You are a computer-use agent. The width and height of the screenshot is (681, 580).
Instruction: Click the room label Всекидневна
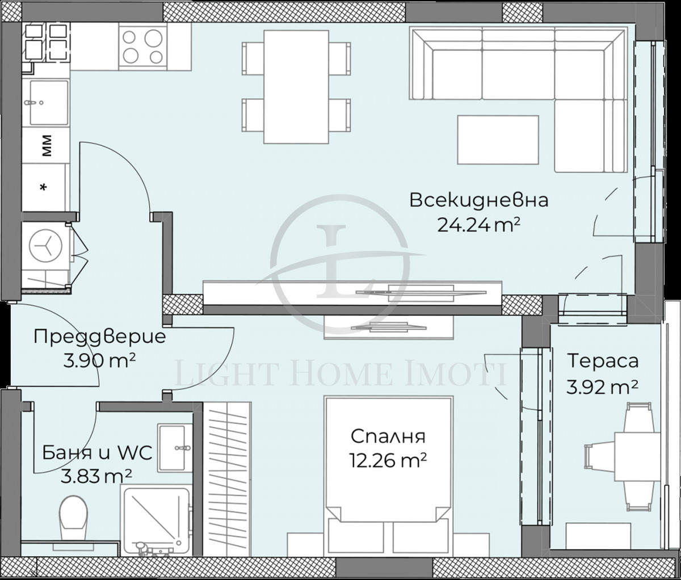click(478, 201)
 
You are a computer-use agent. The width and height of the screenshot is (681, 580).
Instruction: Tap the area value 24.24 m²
click(478, 225)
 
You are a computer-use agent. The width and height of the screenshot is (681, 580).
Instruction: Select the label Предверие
click(100, 337)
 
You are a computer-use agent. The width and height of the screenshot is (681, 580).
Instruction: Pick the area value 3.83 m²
click(97, 476)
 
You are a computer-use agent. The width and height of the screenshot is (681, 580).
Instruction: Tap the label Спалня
click(388, 436)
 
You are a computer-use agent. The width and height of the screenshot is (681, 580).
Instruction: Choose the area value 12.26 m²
click(388, 459)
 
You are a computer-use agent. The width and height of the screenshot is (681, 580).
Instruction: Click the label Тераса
click(602, 361)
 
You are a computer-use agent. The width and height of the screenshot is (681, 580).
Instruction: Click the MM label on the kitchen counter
click(46, 145)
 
